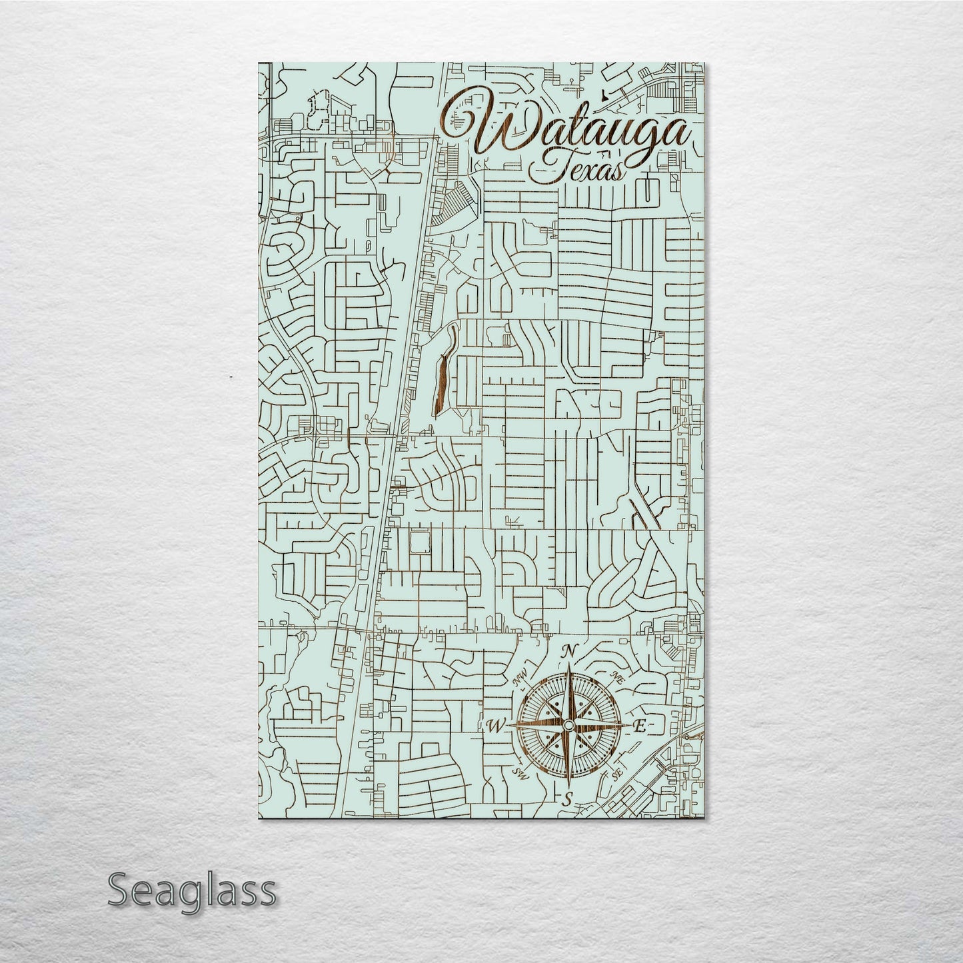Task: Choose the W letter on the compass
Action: pos(495,726)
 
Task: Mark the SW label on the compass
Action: pos(520,773)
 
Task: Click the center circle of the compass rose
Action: pos(568,725)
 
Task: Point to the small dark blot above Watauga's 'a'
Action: pos(602,95)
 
